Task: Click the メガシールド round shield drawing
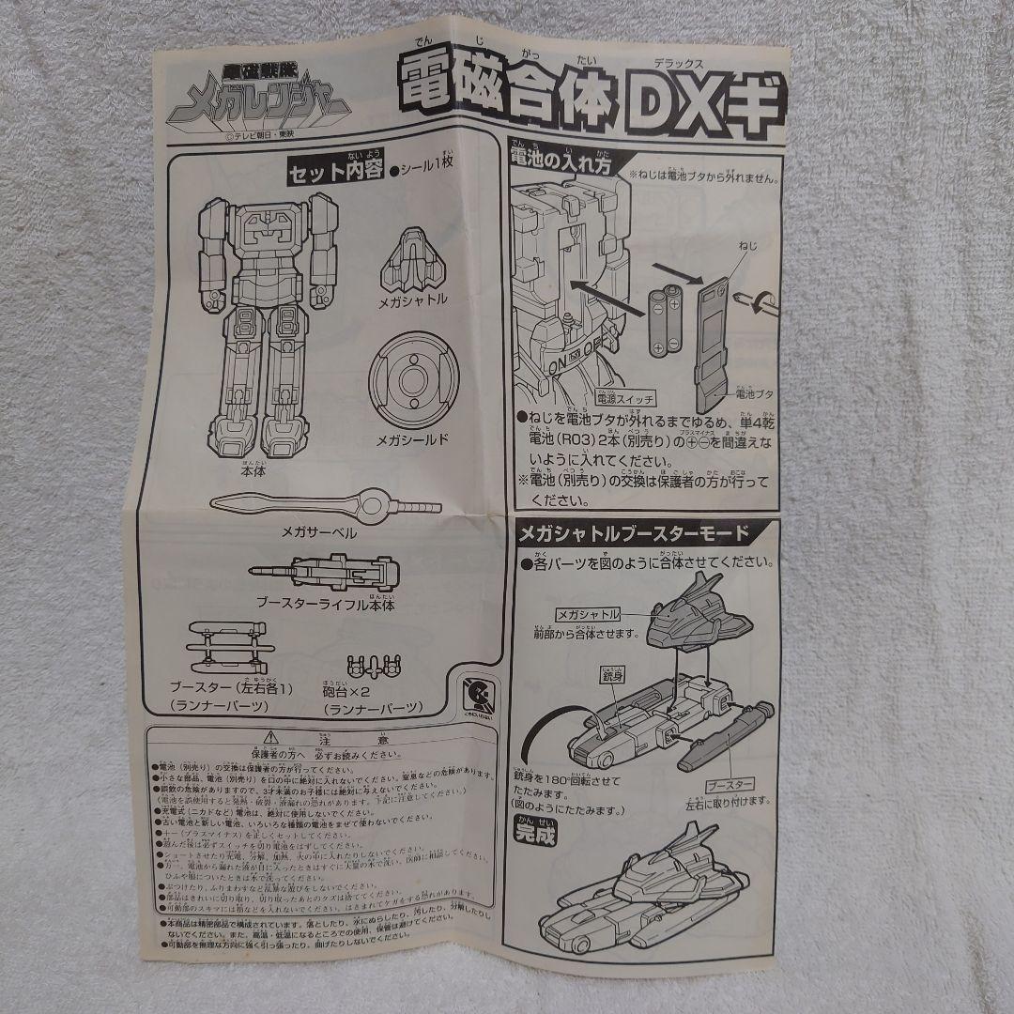point(414,379)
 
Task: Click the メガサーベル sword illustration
point(324,503)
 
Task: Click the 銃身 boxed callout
point(608,675)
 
